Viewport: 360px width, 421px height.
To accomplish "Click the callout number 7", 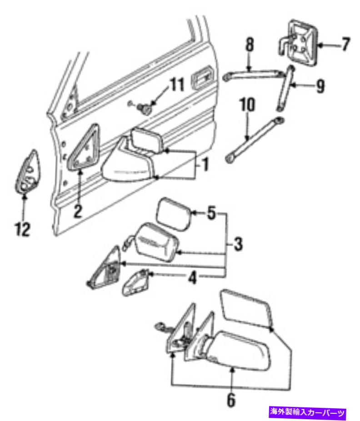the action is pos(346,45).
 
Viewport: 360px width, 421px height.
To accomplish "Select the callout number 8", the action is pos(250,45).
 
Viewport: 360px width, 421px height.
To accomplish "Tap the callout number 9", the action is pos(320,86).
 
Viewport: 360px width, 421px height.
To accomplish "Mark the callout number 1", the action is pos(205,164).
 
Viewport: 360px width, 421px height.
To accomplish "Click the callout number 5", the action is pos(211,213).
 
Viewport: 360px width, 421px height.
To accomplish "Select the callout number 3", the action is pos(238,244).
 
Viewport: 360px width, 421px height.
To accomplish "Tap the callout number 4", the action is pos(192,278).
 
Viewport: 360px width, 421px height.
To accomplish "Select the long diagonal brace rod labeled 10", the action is pos(254,140).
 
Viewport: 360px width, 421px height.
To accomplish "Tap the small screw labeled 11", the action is pos(144,108).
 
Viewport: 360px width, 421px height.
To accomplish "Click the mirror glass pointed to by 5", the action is pos(174,214).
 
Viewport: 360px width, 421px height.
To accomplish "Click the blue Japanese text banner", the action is pos(307,412).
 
